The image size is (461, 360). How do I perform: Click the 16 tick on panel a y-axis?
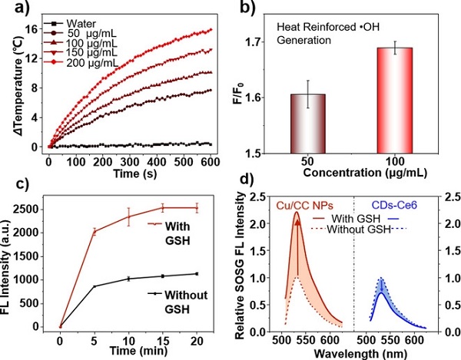click(35, 28)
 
